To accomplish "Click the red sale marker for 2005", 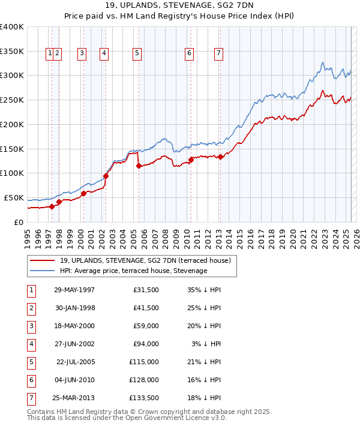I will [139, 166].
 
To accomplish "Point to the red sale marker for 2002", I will [106, 176].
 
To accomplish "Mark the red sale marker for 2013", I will [220, 157].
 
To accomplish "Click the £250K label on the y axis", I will [11, 100].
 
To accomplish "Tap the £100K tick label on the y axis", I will [11, 173].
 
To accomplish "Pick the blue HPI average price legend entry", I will [133, 271].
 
